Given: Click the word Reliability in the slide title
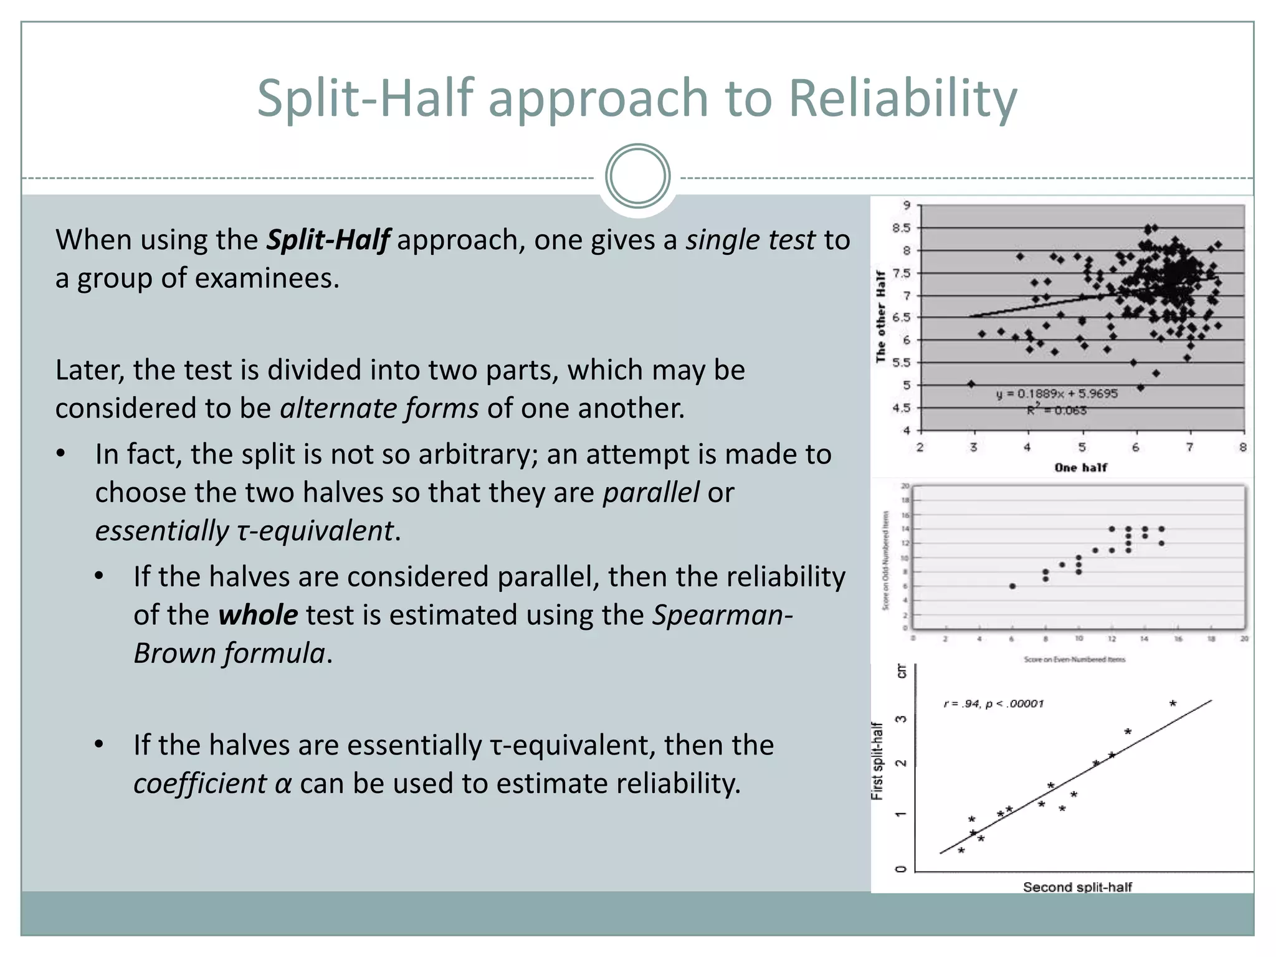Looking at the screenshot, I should tap(903, 98).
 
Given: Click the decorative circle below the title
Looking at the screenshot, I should tap(637, 176).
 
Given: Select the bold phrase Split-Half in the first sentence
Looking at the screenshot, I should tap(328, 240).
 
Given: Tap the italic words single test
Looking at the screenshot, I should tap(750, 240).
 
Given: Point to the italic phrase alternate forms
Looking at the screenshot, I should tap(379, 409).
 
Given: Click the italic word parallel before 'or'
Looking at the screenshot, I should tap(651, 493).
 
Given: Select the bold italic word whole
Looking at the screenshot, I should tap(258, 616).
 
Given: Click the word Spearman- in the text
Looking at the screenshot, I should tap(723, 616).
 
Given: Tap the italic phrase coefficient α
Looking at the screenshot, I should tap(212, 784).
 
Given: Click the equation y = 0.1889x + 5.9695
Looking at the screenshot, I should tap(1057, 394).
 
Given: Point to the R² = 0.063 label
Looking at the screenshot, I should tap(1057, 410).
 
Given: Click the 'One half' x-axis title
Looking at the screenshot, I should tap(1080, 467).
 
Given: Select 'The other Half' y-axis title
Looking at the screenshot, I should tap(880, 317).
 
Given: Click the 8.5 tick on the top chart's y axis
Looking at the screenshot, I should tap(901, 228).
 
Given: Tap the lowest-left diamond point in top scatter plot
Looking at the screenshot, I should tap(971, 384).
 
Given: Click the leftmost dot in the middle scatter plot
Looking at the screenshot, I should tap(1012, 586).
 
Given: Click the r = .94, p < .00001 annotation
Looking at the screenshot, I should tap(993, 704).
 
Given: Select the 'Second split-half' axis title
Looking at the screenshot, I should tap(1077, 887).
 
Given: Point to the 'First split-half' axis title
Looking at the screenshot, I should tap(877, 761).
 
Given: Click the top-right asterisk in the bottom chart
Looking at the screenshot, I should tap(1173, 703).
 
